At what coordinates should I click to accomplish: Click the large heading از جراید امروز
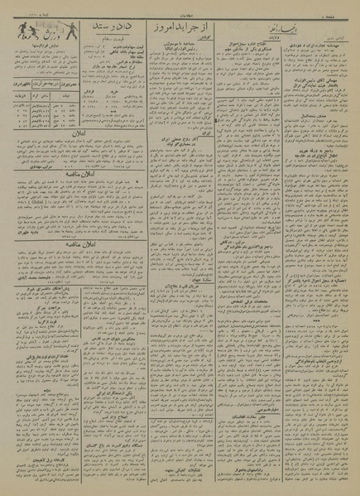pos(198,32)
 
